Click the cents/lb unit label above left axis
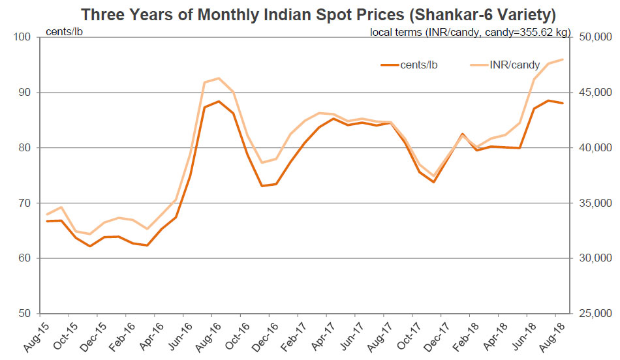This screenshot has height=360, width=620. tap(63, 31)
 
